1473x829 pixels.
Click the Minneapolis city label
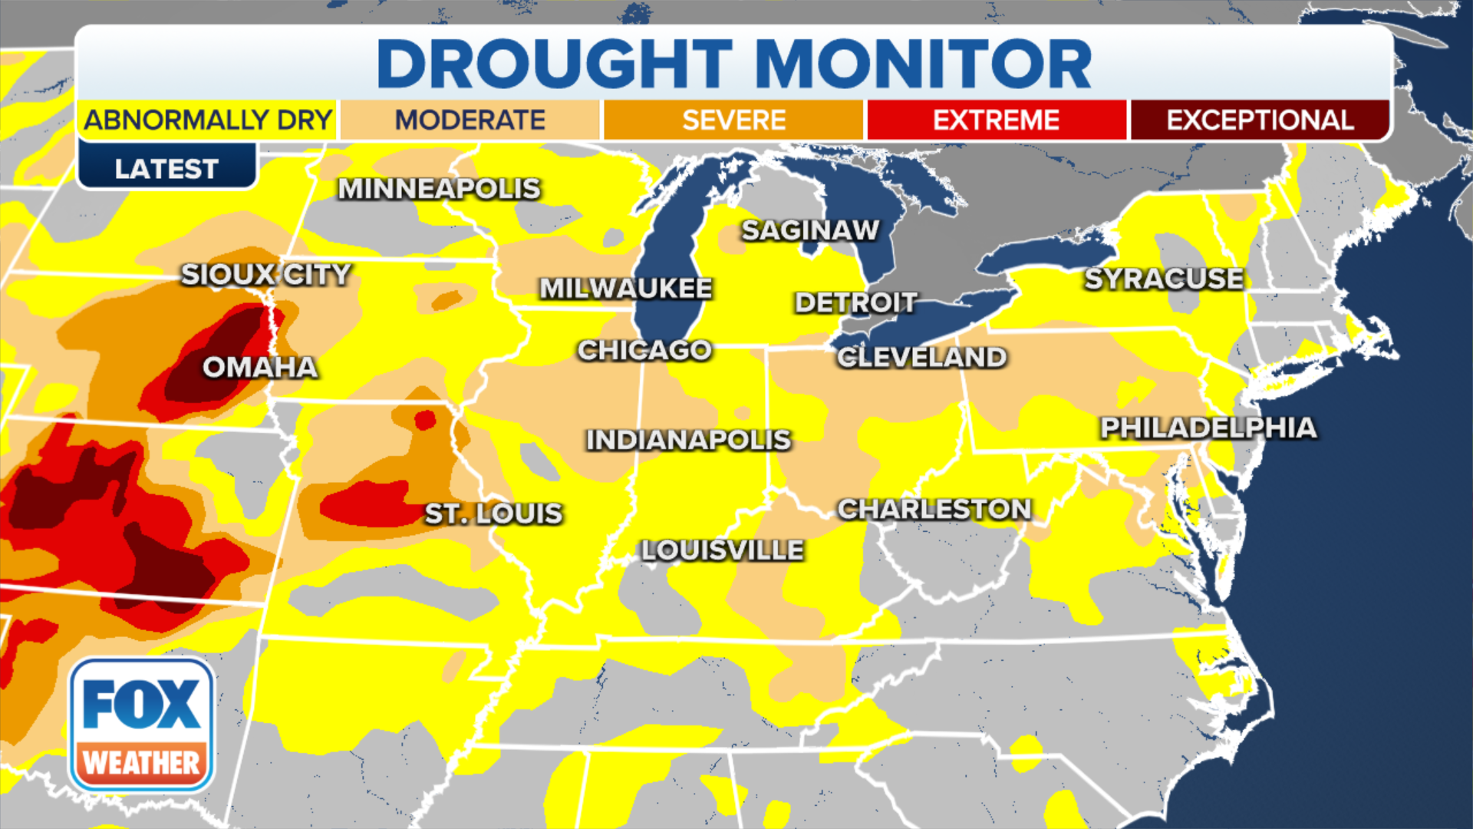440,189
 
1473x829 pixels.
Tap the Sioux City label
265,275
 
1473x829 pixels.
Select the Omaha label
260,368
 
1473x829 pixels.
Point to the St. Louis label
493,514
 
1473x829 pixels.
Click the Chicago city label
644,351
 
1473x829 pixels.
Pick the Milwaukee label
626,289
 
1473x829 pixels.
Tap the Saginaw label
810,230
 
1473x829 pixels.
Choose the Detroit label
855,302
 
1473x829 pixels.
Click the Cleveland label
921,358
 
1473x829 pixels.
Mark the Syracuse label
1164,279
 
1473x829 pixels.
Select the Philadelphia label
1208,428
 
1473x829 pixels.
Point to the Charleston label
934,509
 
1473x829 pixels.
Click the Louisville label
723,550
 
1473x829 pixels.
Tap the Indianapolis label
688,441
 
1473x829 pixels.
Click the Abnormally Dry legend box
207,121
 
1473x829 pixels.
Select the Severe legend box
733,121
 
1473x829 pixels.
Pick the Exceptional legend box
1260,121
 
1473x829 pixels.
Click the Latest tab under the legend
166,169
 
